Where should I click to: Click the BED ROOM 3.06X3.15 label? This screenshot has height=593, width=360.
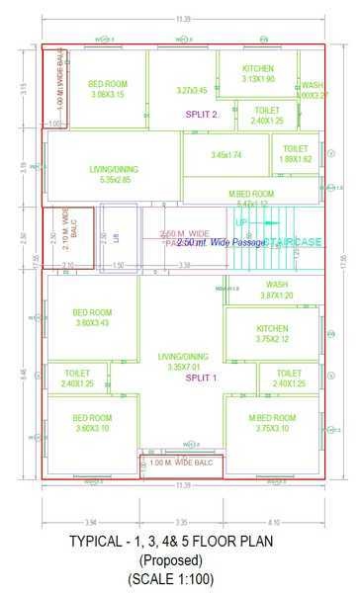pos(107,90)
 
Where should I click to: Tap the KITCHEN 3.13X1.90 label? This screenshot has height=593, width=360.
pos(258,74)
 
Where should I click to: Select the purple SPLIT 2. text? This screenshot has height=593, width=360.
pos(202,115)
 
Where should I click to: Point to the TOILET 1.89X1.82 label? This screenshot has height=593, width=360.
pos(296,153)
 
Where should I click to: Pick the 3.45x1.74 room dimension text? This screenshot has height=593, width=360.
pos(226,155)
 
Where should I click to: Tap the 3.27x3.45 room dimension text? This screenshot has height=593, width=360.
pos(192,91)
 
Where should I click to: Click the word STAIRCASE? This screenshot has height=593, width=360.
pos(293,241)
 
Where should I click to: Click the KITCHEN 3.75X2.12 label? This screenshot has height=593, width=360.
pos(272,334)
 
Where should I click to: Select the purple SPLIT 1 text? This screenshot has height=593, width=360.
pos(201,379)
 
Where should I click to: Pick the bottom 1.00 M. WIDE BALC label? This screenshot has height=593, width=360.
pos(181,463)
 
